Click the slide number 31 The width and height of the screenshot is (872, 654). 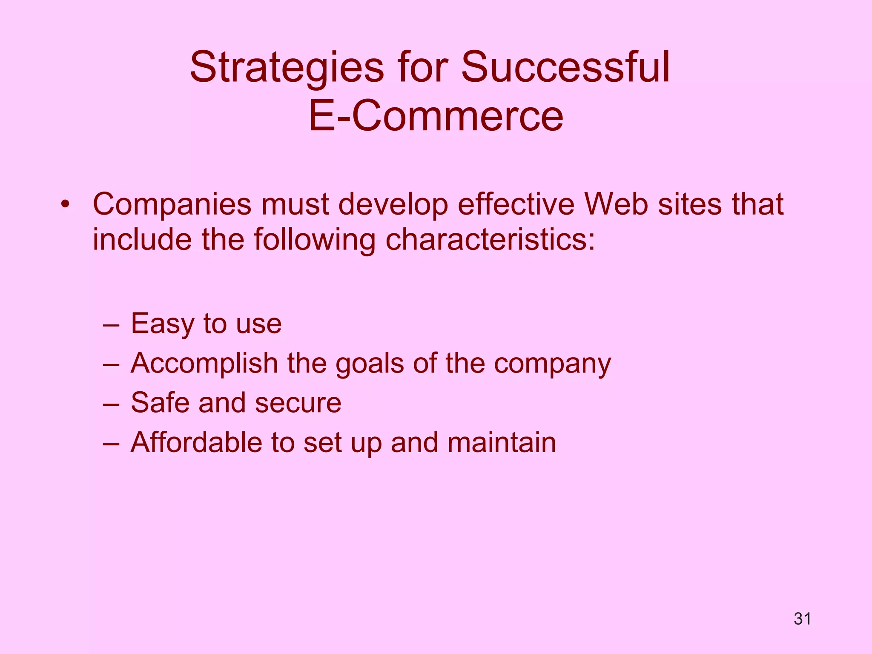[x=802, y=619]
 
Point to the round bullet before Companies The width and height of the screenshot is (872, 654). [x=65, y=204]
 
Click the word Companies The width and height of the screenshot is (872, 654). [x=172, y=205]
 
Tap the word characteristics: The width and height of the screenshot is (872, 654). [x=490, y=240]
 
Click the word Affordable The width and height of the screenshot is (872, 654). [x=196, y=443]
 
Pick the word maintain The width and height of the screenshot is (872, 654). [x=502, y=443]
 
